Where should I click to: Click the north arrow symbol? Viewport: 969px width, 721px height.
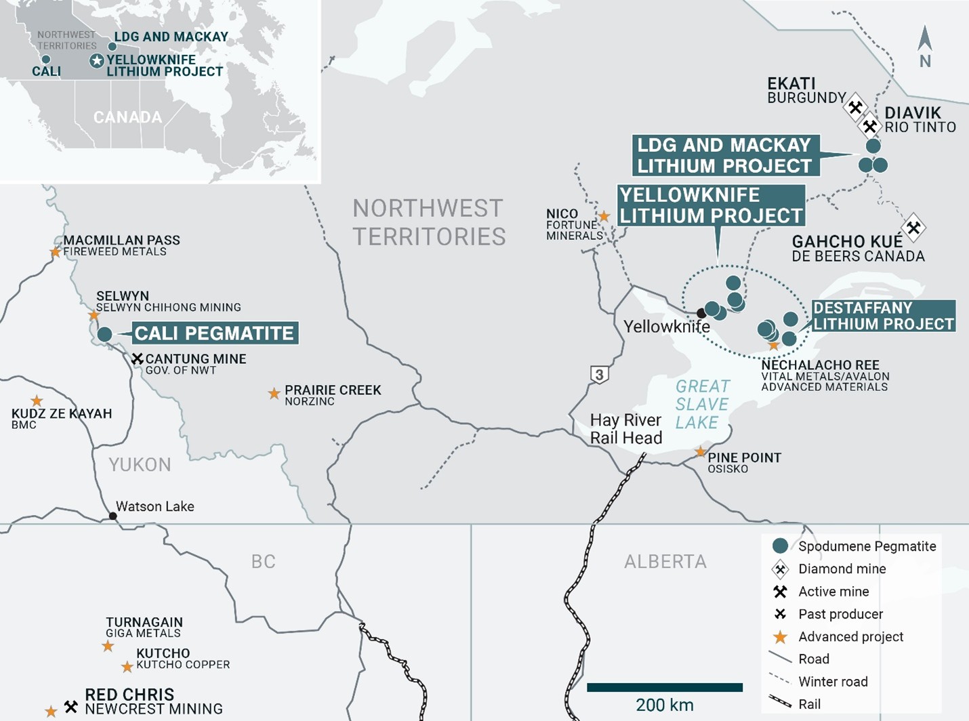pyautogui.click(x=924, y=41)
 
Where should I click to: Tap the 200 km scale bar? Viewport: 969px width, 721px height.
pyautogui.click(x=664, y=687)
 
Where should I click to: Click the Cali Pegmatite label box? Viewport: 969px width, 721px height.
pyautogui.click(x=214, y=333)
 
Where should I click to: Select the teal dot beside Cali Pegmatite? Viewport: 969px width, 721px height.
pyautogui.click(x=104, y=334)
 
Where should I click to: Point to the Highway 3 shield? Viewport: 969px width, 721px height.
pyautogui.click(x=598, y=374)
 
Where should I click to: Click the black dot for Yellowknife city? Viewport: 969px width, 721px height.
pyautogui.click(x=701, y=313)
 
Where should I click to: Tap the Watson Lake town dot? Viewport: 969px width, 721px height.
pyautogui.click(x=113, y=516)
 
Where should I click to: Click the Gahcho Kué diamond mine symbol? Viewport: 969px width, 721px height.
pyautogui.click(x=913, y=227)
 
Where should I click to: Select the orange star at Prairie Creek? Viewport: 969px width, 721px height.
pyautogui.click(x=274, y=394)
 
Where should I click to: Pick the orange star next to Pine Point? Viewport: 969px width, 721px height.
pyautogui.click(x=701, y=452)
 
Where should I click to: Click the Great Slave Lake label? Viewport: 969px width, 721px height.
pyautogui.click(x=702, y=405)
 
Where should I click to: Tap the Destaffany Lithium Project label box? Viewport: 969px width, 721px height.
pyautogui.click(x=883, y=316)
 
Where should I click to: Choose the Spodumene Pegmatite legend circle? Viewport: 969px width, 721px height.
pyautogui.click(x=780, y=545)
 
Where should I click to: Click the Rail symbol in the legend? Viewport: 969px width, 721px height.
pyautogui.click(x=780, y=703)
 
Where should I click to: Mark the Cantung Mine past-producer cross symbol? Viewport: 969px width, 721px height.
pyautogui.click(x=138, y=358)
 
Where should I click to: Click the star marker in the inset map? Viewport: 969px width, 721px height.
pyautogui.click(x=97, y=61)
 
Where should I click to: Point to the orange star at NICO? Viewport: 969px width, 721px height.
pyautogui.click(x=604, y=217)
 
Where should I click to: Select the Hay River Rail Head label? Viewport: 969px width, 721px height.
pyautogui.click(x=625, y=429)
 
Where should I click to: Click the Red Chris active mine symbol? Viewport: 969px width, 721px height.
pyautogui.click(x=71, y=707)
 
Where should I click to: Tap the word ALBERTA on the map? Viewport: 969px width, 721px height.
pyautogui.click(x=665, y=561)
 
